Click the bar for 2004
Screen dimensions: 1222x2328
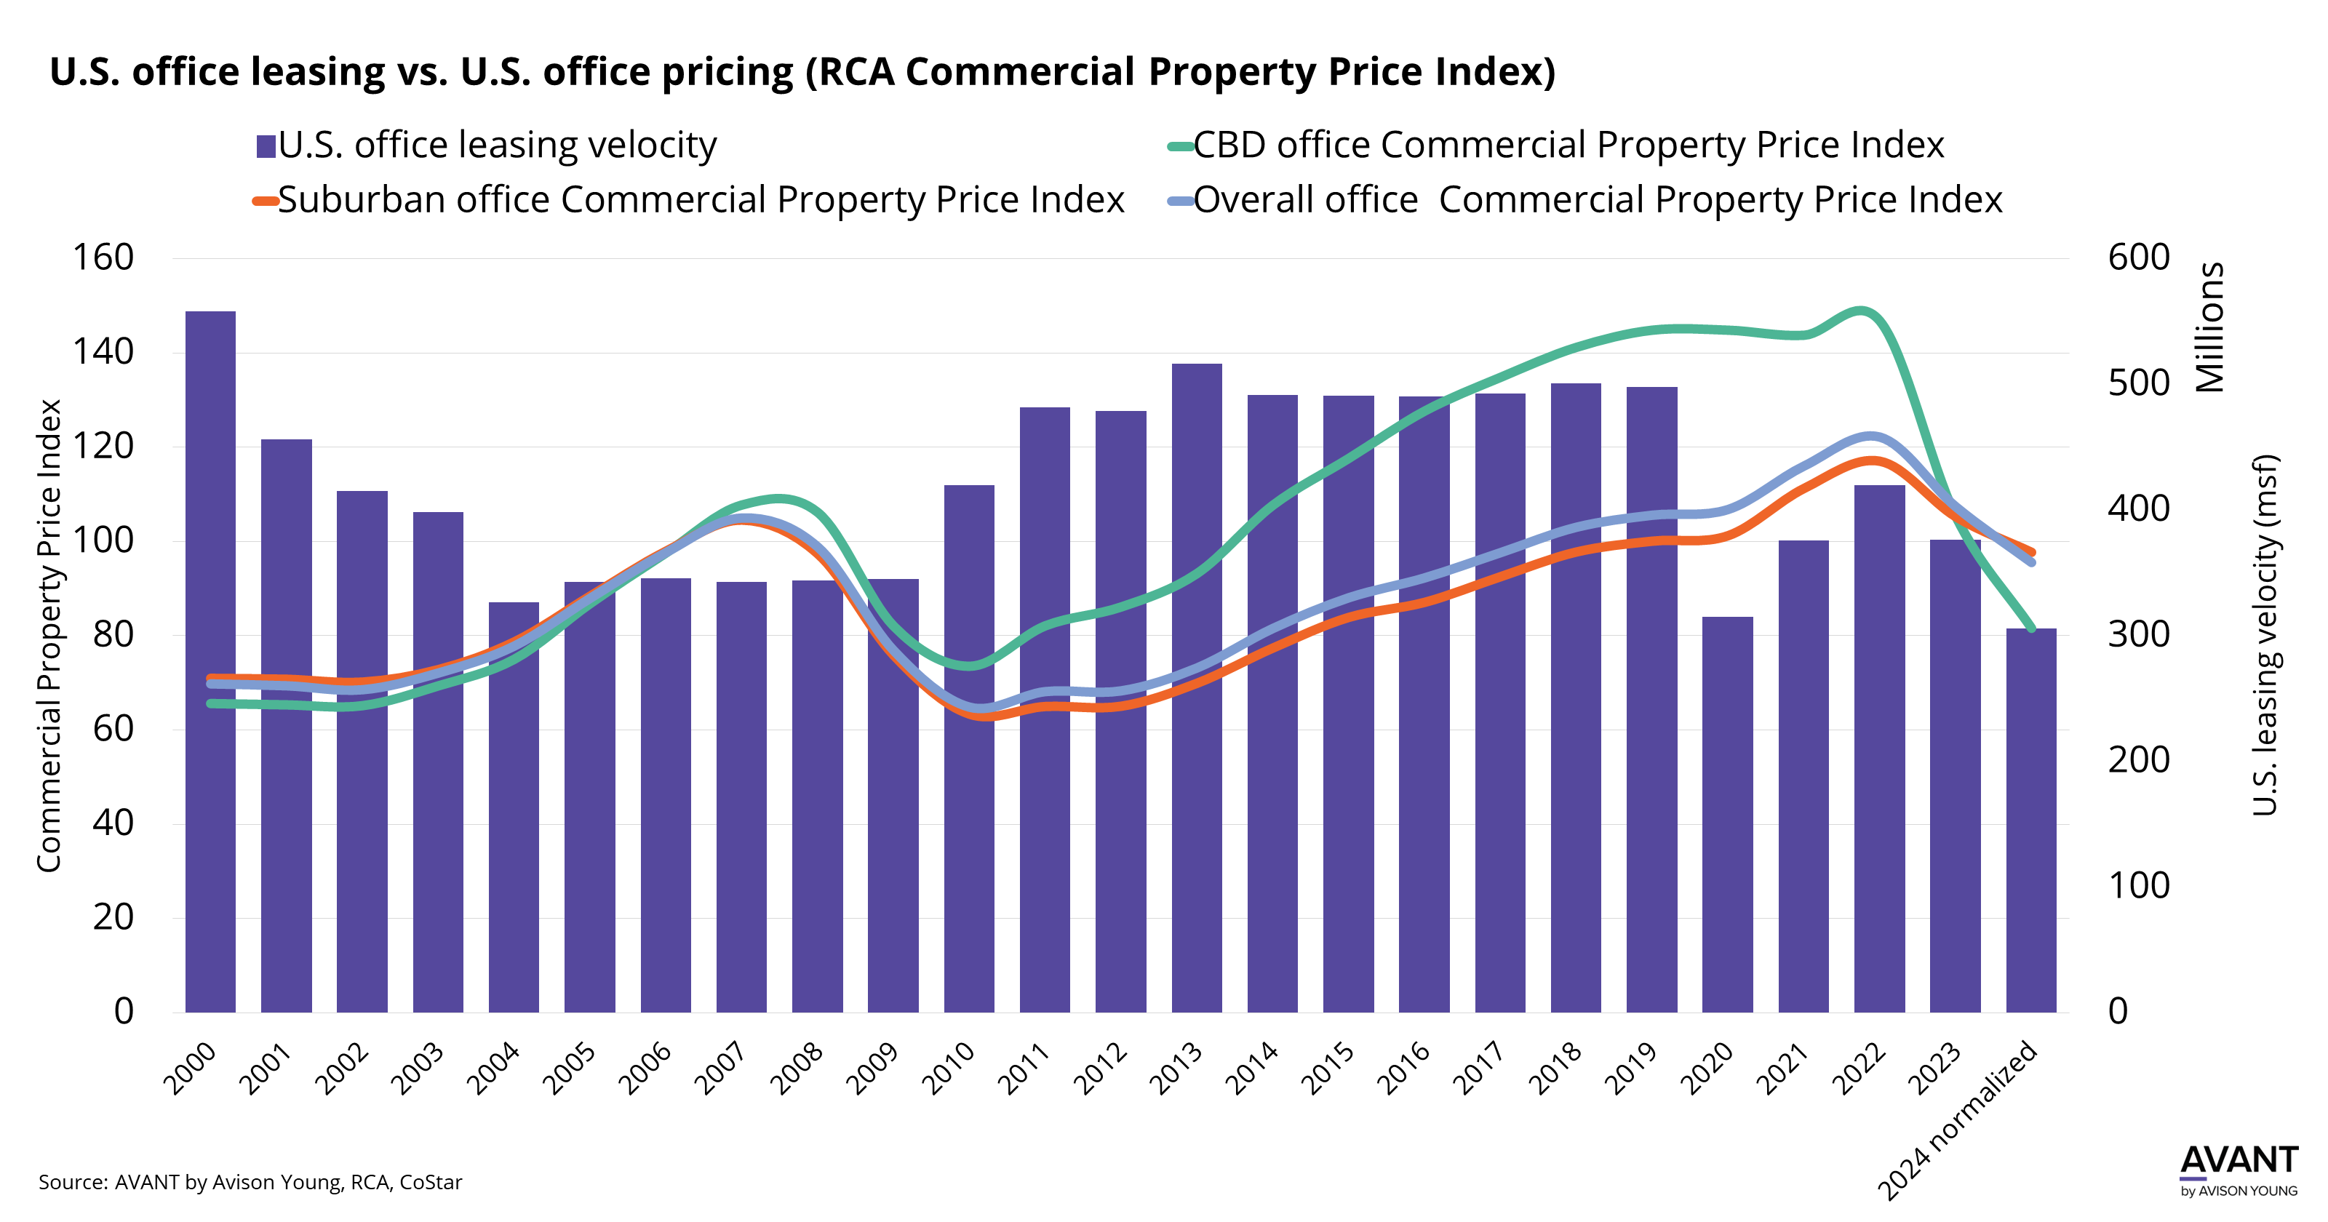(x=514, y=858)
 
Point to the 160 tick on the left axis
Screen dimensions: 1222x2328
(x=103, y=257)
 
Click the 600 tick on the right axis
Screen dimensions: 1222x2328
(x=2138, y=257)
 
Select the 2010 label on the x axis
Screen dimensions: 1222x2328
(x=948, y=1068)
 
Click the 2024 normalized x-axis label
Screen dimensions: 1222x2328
(x=1958, y=1121)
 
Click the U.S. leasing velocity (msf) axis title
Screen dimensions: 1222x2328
(x=2265, y=634)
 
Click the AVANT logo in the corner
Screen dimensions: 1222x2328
(x=2238, y=1170)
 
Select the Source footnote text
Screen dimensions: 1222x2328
(x=250, y=1182)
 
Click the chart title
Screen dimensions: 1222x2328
(x=802, y=72)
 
